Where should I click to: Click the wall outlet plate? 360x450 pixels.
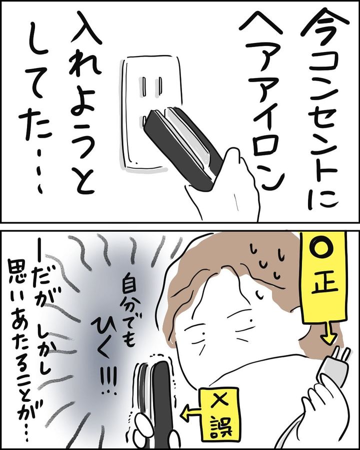[x=152, y=112]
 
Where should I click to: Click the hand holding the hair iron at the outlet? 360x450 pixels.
[x=226, y=187]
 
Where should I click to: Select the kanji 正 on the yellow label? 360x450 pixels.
[x=323, y=283]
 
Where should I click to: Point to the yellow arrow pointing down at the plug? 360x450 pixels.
[x=329, y=332]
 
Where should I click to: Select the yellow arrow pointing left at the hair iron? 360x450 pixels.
[x=190, y=413]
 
